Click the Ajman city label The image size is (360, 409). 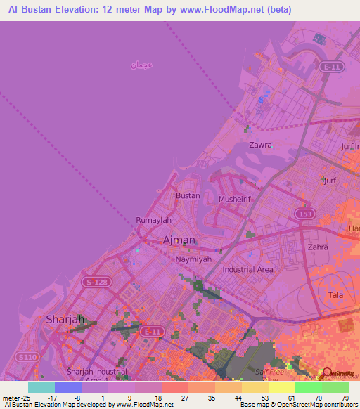pyautogui.click(x=179, y=240)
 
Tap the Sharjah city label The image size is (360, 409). pyautogui.click(x=65, y=319)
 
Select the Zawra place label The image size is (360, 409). pyautogui.click(x=260, y=145)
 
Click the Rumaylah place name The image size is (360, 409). pyautogui.click(x=154, y=220)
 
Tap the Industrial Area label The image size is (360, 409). pyautogui.click(x=247, y=269)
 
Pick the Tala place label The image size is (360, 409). pyautogui.click(x=335, y=295)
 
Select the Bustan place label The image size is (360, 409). pyautogui.click(x=188, y=196)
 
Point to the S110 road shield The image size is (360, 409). pyautogui.click(x=27, y=358)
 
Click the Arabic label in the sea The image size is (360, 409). pyautogui.click(x=141, y=65)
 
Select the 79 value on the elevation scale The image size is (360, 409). pyautogui.click(x=345, y=398)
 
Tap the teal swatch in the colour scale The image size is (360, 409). pyautogui.click(x=41, y=387)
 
